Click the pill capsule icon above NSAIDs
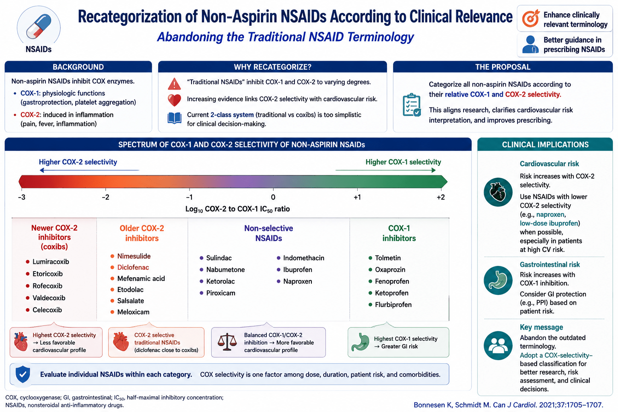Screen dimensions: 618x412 tap(39, 27)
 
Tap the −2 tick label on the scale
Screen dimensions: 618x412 tap(105, 197)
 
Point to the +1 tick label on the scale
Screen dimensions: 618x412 tap(357, 197)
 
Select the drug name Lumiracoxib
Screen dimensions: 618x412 tap(51, 262)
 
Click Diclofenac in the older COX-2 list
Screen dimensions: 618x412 tap(133, 267)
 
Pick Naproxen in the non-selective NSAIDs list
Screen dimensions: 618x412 tap(298, 281)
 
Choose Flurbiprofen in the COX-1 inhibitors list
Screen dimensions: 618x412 tap(393, 305)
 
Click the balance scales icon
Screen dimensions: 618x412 tap(227, 342)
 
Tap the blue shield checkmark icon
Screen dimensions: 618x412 tap(23, 374)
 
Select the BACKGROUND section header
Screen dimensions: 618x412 tap(78, 67)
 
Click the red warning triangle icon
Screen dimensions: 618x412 tap(174, 84)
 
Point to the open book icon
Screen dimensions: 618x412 tap(174, 118)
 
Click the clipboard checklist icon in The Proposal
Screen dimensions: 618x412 tap(412, 105)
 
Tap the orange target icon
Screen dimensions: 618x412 tap(531, 19)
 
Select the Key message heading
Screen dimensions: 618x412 tap(541, 327)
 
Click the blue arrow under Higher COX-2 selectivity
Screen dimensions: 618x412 tap(89, 170)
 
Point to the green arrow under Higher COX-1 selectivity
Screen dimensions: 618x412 tap(385, 170)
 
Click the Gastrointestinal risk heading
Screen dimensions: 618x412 tap(550, 264)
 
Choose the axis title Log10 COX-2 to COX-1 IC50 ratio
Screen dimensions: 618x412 tap(237, 209)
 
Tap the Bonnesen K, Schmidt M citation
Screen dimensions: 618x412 tap(508, 405)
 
